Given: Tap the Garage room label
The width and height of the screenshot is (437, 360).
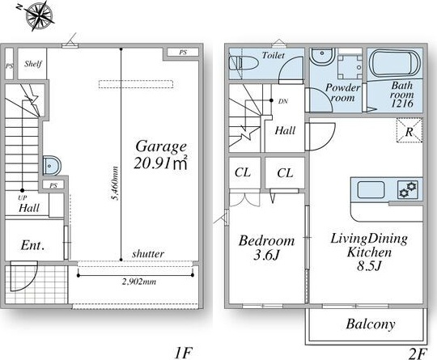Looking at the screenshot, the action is click(161, 147).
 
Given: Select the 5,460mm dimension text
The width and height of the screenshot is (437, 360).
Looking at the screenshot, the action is click(115, 183).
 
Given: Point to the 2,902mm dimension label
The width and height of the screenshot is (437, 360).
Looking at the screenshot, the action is click(139, 282).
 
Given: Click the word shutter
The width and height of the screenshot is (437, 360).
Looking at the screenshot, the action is click(148, 254).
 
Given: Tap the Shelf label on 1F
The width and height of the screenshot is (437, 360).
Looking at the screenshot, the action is click(33, 64).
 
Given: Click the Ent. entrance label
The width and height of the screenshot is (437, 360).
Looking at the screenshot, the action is click(32, 245).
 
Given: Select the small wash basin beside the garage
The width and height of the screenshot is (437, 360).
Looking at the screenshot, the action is click(52, 166).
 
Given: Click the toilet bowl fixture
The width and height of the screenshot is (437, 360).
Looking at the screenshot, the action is click(243, 63).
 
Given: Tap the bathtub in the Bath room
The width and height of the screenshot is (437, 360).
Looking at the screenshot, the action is click(394, 63).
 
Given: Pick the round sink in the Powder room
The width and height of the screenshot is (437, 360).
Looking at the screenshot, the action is click(322, 57).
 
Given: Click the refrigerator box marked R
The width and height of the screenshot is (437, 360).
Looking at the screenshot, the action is click(409, 130).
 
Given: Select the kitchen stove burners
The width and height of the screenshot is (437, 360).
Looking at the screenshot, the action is click(409, 189).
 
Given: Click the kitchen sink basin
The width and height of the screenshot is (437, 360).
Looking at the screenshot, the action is click(371, 189).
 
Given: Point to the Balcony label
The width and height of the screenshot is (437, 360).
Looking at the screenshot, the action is click(371, 324).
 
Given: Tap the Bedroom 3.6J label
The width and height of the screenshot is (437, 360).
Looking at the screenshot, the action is click(266, 248).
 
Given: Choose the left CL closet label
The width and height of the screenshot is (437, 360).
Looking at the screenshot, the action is click(243, 173).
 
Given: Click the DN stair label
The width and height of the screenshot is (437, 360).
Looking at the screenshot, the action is click(283, 101).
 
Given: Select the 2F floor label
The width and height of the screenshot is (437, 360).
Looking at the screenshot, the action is click(418, 354).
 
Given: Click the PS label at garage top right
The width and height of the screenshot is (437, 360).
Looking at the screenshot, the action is click(183, 52).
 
